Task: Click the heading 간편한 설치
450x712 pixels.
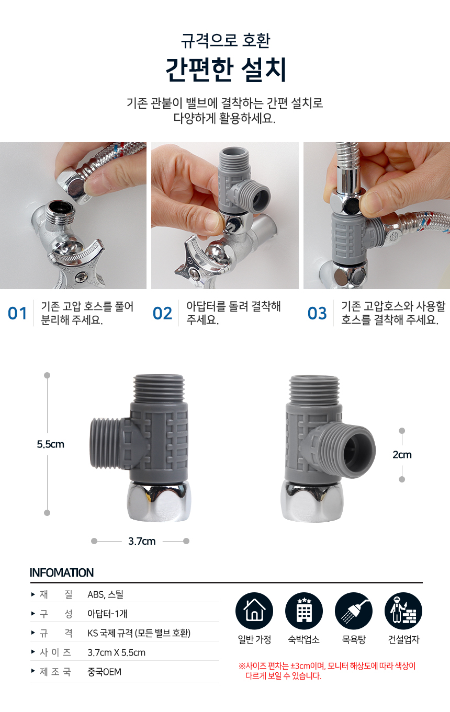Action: click(x=226, y=70)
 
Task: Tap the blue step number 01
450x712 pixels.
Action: click(x=17, y=314)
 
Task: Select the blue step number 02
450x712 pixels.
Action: click(x=162, y=314)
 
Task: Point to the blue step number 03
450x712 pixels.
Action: click(x=317, y=314)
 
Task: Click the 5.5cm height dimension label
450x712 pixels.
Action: click(x=51, y=444)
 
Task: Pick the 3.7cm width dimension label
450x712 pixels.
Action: click(x=142, y=541)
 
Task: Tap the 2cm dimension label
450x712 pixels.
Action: click(x=402, y=454)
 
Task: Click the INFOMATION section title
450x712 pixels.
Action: click(x=62, y=573)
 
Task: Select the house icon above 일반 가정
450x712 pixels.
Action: click(x=254, y=611)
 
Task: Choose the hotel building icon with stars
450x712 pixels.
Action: click(x=304, y=611)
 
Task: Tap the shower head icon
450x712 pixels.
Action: click(x=354, y=611)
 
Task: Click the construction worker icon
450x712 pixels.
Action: click(x=403, y=611)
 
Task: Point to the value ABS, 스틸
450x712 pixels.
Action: click(x=105, y=594)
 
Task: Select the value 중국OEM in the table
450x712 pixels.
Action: click(x=104, y=672)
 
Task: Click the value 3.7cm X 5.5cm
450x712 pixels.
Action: click(x=117, y=652)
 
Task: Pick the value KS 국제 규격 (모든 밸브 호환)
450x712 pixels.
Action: click(x=139, y=633)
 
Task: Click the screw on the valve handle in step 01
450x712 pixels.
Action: click(x=81, y=277)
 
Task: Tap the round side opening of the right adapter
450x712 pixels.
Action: click(x=358, y=451)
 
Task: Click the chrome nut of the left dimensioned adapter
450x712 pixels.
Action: click(x=159, y=501)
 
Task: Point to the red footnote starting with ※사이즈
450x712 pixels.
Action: click(x=327, y=671)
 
